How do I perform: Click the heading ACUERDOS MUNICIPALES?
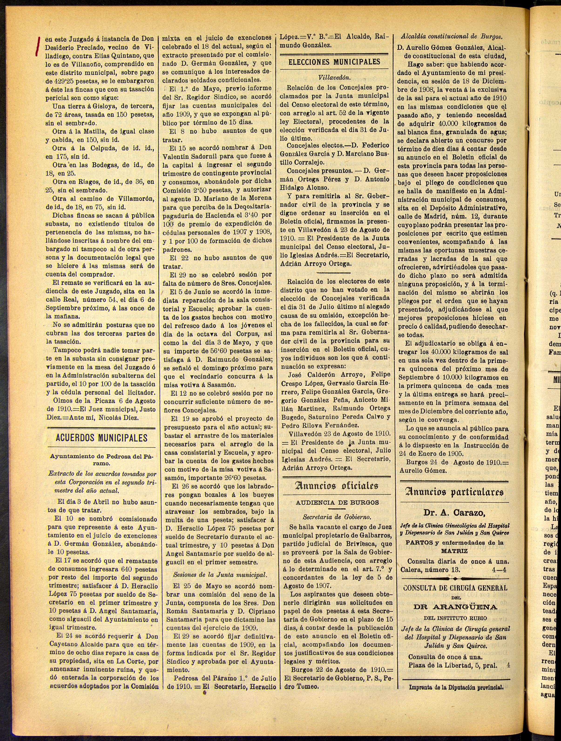(x=101, y=438)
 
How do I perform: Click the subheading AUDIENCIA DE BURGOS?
(x=337, y=503)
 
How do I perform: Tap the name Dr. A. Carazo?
(x=454, y=513)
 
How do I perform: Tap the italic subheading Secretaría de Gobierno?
(x=337, y=517)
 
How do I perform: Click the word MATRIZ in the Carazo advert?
(x=454, y=551)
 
